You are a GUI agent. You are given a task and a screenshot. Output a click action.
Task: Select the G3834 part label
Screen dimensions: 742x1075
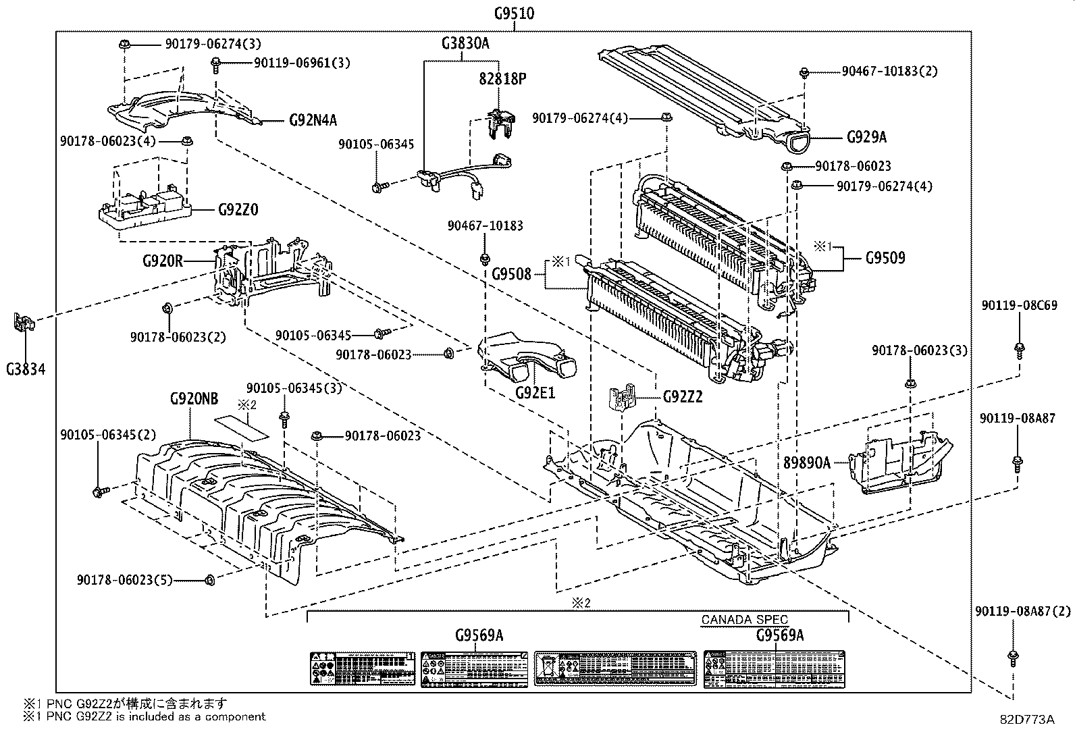26,369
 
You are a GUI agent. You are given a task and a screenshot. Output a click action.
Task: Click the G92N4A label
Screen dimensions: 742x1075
313,121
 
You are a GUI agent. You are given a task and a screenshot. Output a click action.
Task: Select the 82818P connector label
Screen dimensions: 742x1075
502,78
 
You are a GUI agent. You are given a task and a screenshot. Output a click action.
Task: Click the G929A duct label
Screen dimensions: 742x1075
866,137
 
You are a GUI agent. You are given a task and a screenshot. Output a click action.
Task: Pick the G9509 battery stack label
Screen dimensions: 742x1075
885,257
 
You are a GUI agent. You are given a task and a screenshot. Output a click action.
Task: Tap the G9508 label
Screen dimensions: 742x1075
511,273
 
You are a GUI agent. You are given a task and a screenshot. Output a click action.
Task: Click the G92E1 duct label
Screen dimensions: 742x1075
535,392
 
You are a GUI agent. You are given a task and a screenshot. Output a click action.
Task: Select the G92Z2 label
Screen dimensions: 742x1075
683,397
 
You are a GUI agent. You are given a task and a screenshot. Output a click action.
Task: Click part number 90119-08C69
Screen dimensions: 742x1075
1019,305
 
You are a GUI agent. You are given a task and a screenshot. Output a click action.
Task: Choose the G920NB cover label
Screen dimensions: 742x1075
194,399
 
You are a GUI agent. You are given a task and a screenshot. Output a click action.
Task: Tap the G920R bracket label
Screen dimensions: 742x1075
163,260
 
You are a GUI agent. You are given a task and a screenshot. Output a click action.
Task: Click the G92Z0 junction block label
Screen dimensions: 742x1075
238,210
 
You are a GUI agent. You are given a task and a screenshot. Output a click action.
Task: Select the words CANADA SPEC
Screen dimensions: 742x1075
744,619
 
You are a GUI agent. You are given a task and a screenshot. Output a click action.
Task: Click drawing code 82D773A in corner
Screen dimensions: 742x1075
1027,719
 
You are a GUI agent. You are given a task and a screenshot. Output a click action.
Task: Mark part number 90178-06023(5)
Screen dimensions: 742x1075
137,579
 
